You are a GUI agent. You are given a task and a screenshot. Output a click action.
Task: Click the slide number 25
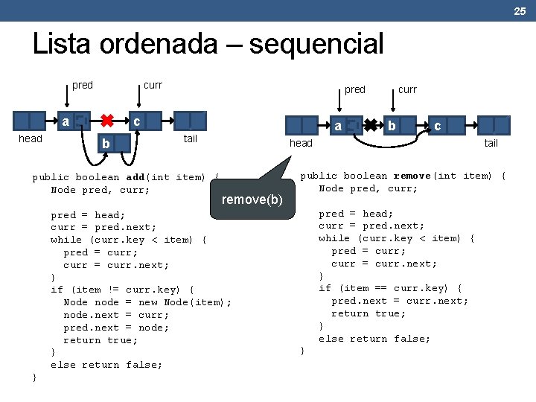pos(520,10)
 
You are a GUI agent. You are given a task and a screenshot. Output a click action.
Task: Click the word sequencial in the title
pos(316,45)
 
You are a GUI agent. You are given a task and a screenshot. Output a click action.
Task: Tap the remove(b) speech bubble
pos(252,199)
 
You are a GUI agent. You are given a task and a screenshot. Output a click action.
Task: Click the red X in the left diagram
pos(107,120)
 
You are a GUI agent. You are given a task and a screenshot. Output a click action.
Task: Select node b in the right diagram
pos(392,125)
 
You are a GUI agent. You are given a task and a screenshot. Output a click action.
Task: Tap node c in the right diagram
pos(438,126)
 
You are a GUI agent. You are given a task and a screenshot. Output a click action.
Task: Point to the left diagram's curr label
pos(153,85)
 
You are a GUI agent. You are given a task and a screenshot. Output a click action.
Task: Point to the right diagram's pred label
pos(355,89)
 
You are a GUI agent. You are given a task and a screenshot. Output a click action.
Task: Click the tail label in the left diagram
pos(190,138)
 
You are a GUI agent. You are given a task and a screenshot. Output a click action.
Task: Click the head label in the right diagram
pos(301,143)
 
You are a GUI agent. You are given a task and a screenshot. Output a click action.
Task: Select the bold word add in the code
pos(135,177)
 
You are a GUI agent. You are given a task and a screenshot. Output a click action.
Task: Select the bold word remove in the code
pos(412,176)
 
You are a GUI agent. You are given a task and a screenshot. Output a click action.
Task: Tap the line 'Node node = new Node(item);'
pos(147,302)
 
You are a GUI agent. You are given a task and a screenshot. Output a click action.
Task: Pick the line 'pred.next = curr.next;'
pos(400,301)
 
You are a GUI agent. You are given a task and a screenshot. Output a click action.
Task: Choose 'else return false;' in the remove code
pos(374,339)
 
